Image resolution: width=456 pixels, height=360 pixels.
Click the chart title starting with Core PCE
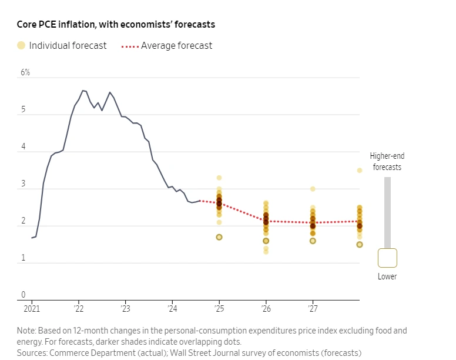(116, 25)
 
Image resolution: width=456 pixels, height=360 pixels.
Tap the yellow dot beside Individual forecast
(21, 45)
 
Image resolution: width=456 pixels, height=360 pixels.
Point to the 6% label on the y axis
(25, 72)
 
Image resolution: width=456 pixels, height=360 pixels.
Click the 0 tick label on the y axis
(24, 295)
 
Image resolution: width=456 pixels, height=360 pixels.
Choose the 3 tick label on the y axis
(24, 184)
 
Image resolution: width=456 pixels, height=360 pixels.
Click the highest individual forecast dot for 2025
(219, 178)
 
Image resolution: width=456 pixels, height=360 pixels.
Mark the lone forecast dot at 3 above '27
(313, 189)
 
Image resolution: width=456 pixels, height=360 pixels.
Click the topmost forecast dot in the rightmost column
(360, 171)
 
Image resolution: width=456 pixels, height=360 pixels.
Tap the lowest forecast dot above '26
(266, 252)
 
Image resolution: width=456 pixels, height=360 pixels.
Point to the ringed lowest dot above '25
(219, 237)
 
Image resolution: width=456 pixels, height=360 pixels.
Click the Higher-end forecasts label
(387, 161)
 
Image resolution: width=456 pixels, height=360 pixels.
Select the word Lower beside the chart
(387, 276)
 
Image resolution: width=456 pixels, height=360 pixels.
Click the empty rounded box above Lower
(387, 258)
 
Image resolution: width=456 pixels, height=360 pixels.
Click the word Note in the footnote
(26, 331)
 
